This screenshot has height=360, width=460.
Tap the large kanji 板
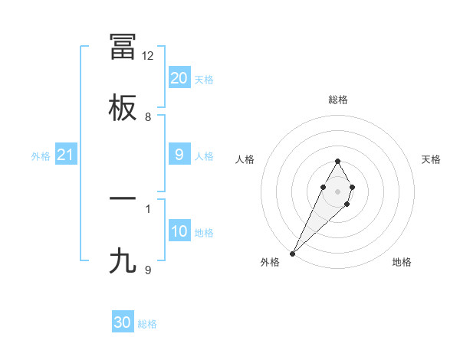coord(123,108)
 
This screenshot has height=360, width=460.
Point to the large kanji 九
coord(123,260)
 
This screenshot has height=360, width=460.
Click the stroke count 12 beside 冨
coord(148,56)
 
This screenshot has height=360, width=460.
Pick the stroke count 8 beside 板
coord(148,117)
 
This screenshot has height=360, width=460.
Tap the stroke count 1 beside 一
coord(148,208)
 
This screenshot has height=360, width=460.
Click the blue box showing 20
coord(179,78)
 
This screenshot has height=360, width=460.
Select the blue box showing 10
coord(179,231)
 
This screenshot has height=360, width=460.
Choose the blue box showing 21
coord(65,155)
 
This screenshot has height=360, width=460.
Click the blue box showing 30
coord(123,322)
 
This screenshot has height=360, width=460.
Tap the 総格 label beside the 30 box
coord(147,324)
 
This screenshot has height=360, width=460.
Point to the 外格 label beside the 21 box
coord(41,156)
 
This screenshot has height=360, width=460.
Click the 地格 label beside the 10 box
coord(204,233)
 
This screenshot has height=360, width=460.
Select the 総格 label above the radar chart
coord(337,100)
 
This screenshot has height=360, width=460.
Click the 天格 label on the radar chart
coord(432,159)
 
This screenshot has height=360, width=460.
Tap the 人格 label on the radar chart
coord(245,159)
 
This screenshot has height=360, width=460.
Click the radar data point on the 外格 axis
coord(292,253)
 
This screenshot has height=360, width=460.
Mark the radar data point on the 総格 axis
coord(337,161)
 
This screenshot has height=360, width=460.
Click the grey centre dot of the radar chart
coord(337,190)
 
